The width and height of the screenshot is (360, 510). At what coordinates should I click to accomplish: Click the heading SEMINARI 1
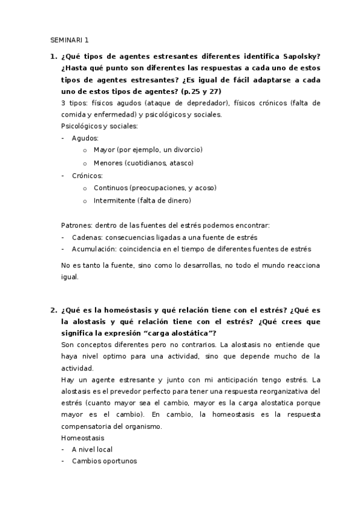[x=69, y=41]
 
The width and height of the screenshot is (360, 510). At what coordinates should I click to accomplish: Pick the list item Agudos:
[x=85, y=138]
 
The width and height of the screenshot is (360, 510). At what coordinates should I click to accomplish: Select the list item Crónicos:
[x=87, y=176]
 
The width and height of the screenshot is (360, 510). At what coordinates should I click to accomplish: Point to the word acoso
[x=205, y=188]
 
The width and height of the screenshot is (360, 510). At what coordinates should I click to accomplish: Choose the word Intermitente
[x=115, y=200]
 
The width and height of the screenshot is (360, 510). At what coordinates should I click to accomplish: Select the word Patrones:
[x=76, y=226]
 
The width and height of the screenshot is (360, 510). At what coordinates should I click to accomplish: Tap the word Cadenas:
[x=86, y=238]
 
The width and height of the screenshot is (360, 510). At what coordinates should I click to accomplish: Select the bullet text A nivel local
[x=92, y=449]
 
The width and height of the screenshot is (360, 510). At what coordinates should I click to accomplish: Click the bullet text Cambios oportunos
[x=104, y=461]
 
